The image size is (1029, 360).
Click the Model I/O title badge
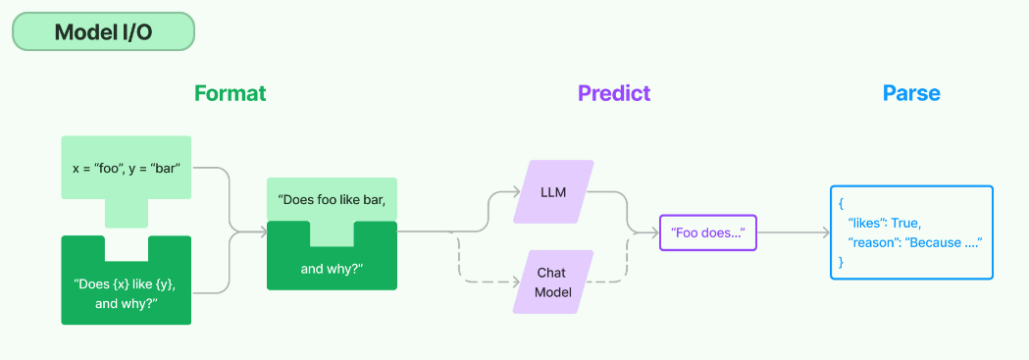pos(104,31)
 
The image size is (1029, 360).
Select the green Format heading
pos(231,93)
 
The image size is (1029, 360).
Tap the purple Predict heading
pos(614,93)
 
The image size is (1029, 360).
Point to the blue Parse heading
pos(911,93)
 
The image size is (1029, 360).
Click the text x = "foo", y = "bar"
pos(126,168)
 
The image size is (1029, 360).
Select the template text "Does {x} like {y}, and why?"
pos(126,293)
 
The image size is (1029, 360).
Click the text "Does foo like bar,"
pos(332,198)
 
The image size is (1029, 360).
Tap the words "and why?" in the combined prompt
pos(332,268)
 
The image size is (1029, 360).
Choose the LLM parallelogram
pos(553,192)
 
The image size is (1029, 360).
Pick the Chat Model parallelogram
pos(553,282)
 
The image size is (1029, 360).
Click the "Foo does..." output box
pos(708,232)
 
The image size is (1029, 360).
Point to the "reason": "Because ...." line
pos(914,242)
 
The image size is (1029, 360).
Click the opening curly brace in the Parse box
pos(842,203)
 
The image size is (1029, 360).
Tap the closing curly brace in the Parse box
pos(842,262)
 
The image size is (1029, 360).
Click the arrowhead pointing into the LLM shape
pos(516,193)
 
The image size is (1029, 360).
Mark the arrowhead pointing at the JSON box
pos(826,232)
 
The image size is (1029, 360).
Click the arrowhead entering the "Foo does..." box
pos(655,232)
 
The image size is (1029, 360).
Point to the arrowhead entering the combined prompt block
pos(263,231)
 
